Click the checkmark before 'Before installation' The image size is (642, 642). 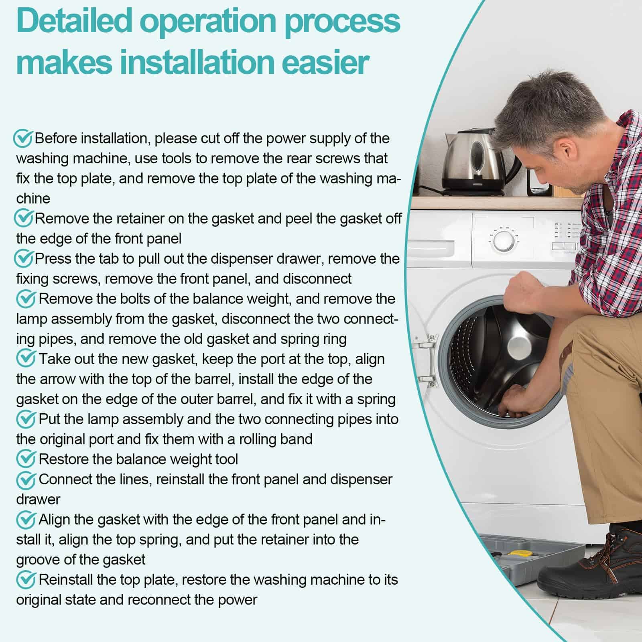point(23,138)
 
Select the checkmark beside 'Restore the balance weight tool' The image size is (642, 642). point(26,459)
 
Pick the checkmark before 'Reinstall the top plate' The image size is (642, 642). point(26,580)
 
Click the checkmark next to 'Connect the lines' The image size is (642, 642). point(26,479)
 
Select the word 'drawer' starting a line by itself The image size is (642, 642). point(38,500)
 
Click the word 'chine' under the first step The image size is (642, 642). point(33,199)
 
